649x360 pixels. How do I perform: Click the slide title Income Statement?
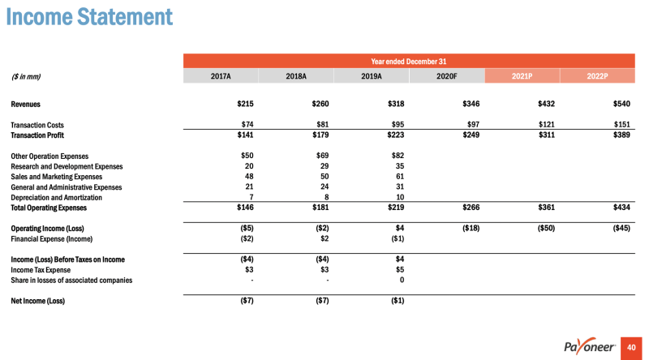tap(89, 17)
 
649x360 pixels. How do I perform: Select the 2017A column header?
tap(221, 76)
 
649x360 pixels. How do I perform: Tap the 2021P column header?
tap(522, 76)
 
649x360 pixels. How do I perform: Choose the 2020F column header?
tap(446, 76)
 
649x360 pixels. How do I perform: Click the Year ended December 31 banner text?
tap(409, 61)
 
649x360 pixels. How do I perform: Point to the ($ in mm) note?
tap(26, 77)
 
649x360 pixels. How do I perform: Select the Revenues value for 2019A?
tap(395, 104)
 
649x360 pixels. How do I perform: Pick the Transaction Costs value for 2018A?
tap(320, 125)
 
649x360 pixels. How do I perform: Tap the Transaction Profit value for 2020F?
tap(471, 135)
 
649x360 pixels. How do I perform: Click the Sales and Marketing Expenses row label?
tap(57, 177)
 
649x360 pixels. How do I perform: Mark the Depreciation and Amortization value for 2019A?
tap(398, 197)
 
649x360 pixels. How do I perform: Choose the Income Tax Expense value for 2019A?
tap(399, 270)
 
